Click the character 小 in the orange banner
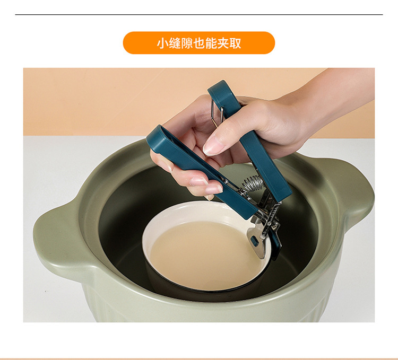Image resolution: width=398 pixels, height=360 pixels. click(x=162, y=43)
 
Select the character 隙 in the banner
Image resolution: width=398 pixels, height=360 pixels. click(x=187, y=43)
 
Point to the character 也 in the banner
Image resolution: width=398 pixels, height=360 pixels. click(x=200, y=43)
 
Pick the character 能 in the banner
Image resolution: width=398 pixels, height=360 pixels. click(x=212, y=43)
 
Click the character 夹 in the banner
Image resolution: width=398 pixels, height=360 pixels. click(x=224, y=43)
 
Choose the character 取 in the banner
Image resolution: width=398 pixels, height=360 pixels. click(x=236, y=43)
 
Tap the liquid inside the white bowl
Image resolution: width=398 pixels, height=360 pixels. click(x=204, y=254)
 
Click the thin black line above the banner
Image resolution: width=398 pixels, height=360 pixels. click(x=198, y=14)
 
